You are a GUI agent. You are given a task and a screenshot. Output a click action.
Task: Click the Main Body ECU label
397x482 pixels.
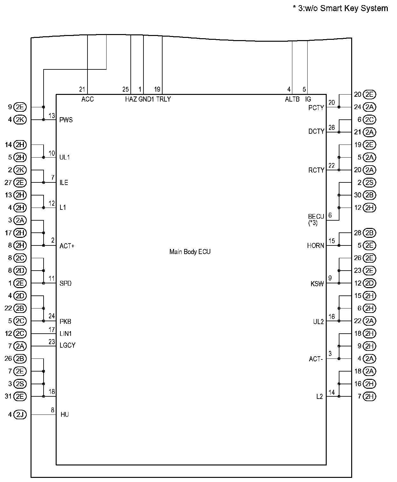click(x=190, y=252)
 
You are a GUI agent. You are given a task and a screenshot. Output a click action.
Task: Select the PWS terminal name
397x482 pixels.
click(x=66, y=120)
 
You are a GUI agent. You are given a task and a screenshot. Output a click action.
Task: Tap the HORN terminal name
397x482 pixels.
click(x=316, y=246)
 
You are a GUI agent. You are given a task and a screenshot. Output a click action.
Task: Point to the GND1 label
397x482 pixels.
click(x=146, y=99)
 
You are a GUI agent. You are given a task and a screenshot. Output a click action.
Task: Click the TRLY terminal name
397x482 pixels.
click(x=164, y=99)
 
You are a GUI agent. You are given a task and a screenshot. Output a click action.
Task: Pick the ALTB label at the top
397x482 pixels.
click(x=292, y=99)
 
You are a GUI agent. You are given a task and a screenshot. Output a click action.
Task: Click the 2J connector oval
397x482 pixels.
click(x=20, y=415)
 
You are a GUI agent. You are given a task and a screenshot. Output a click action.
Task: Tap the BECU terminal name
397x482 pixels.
click(x=316, y=216)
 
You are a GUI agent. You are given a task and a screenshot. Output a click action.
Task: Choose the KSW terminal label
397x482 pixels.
click(x=317, y=284)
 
